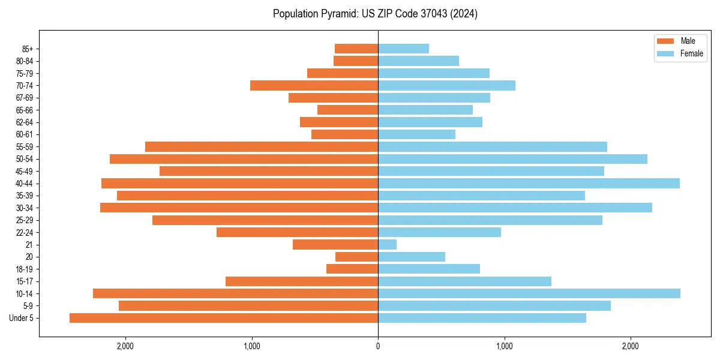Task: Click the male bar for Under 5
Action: point(224,318)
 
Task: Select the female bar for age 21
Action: point(387,245)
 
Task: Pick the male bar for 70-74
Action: point(314,86)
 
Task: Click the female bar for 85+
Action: point(403,49)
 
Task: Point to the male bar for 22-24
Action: point(297,232)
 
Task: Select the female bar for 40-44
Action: point(529,184)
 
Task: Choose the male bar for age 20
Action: point(356,257)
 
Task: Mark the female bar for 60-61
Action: point(416,134)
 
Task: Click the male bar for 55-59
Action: point(262,147)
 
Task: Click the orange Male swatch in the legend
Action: point(666,41)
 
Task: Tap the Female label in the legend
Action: point(692,53)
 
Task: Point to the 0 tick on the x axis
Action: point(378,346)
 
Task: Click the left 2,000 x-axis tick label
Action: point(125,346)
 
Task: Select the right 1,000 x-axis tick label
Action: point(504,346)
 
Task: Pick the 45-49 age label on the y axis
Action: point(25,171)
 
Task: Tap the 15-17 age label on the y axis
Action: point(25,281)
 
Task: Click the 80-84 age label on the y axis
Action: point(25,61)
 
